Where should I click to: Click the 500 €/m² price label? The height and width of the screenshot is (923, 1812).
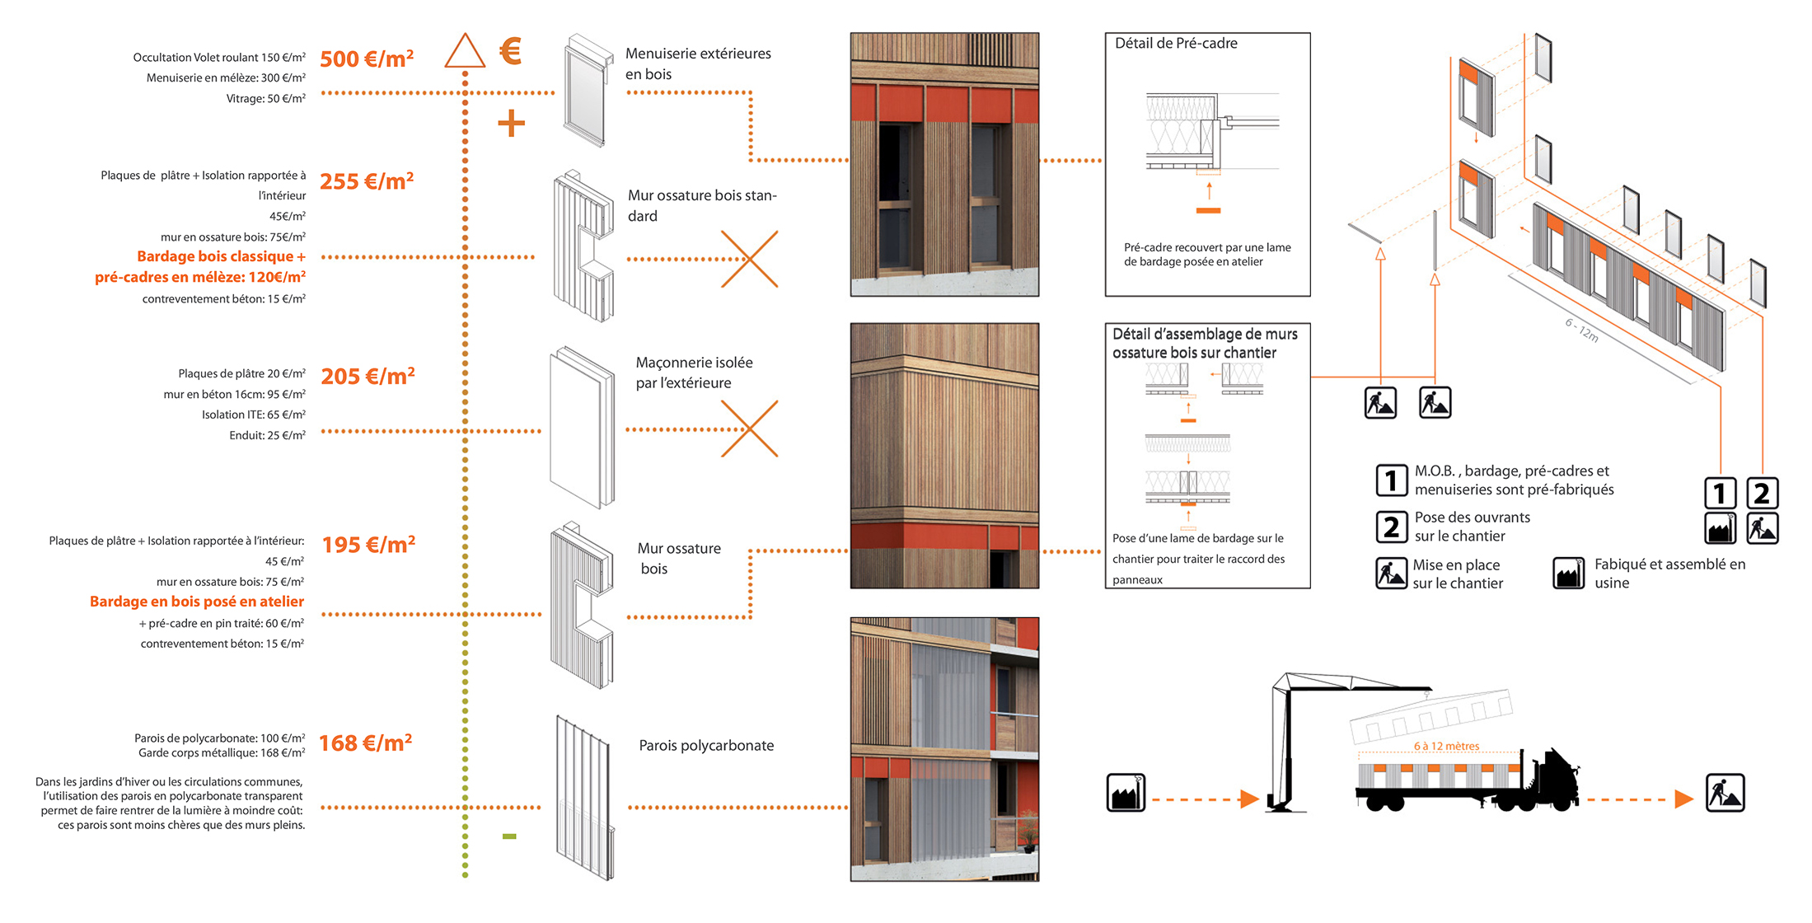coord(366,59)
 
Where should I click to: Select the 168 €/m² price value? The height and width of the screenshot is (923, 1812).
coord(365,743)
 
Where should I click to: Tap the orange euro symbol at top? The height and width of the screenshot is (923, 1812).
coord(511,51)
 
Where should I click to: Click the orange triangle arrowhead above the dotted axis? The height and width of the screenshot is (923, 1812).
coord(465,51)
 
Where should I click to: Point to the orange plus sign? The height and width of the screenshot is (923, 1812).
coord(511,124)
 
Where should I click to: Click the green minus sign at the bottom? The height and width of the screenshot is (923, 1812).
coord(509,836)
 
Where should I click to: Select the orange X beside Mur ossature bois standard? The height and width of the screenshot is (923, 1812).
coord(749,259)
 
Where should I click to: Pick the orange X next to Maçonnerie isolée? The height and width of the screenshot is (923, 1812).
coord(749,429)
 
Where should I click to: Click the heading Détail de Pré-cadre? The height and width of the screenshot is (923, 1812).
coord(1176,44)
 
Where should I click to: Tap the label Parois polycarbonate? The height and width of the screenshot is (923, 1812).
coord(706,745)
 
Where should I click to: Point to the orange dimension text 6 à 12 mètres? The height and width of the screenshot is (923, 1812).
coord(1446,746)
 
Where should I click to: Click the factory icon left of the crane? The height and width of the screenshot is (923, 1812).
coord(1126,793)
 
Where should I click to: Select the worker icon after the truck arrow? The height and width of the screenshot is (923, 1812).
coord(1725,793)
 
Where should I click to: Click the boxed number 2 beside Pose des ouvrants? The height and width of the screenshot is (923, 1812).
coord(1391,527)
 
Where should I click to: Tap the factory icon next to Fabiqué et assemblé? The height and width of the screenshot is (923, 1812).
coord(1568,573)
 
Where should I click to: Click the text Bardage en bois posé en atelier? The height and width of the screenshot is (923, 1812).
coord(197,602)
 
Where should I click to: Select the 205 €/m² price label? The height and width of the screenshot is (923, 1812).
coord(368,376)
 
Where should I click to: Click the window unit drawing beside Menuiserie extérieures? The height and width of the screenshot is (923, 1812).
coord(588,91)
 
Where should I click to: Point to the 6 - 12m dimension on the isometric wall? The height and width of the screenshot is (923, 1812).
coord(1581,330)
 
